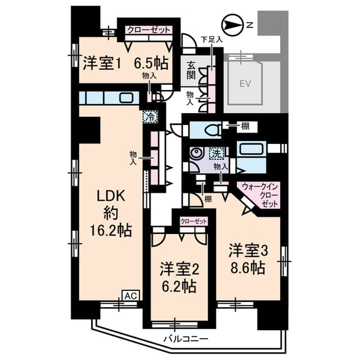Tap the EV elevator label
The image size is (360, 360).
245,84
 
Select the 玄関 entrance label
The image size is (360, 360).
191,71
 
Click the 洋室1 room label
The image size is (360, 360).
102,62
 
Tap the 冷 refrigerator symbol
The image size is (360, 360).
150,117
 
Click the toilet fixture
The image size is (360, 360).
211,130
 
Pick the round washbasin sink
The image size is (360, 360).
196,154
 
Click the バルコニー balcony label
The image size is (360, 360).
186,339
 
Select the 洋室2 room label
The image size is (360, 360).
179,268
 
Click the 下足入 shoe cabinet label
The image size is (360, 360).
211,39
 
